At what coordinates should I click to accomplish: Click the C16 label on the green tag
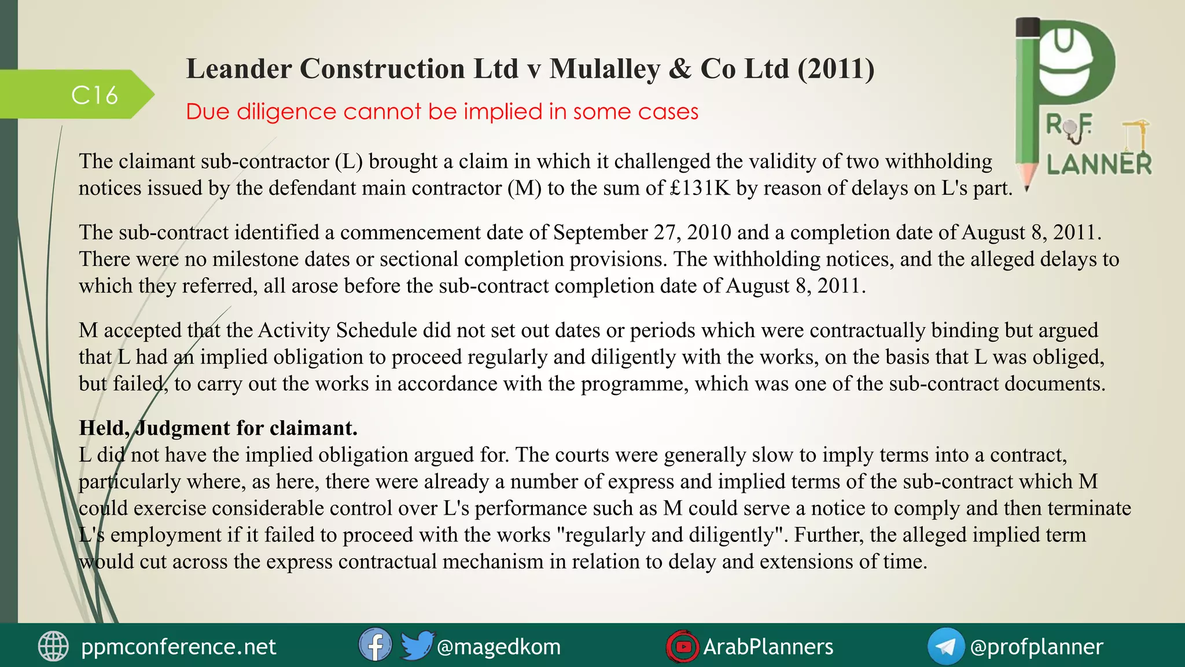pos(94,95)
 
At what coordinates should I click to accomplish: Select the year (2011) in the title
pos(836,69)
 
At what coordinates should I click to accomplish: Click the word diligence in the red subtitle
pos(286,111)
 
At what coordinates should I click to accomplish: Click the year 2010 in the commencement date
pos(701,232)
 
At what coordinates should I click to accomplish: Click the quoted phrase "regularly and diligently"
pos(671,534)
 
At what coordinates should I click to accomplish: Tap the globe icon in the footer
pos(53,646)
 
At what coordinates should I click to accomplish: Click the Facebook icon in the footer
pos(375,645)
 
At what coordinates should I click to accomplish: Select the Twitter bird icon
pos(417,645)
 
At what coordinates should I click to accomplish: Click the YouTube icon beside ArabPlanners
pos(683,646)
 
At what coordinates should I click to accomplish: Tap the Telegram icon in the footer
pos(945,646)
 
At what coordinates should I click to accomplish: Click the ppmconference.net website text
pos(178,647)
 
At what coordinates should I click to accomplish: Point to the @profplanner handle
pos(1036,647)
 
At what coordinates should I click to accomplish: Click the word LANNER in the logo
pos(1099,164)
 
